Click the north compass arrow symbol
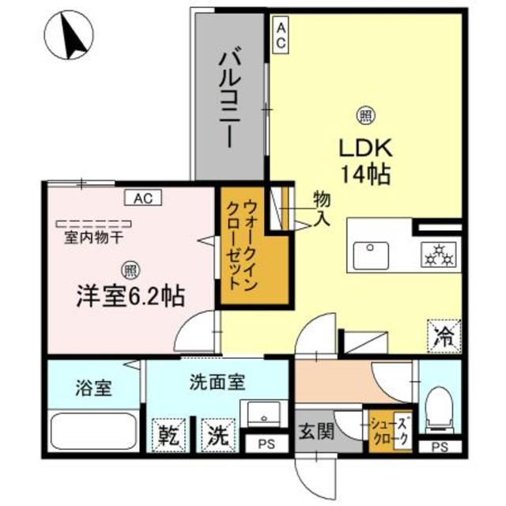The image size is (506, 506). [70, 38]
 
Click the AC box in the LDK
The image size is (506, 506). [281, 36]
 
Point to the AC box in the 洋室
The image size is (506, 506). [143, 198]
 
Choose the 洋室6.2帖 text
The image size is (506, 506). [130, 296]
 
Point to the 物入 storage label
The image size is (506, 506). [322, 206]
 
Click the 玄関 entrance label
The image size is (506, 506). [313, 432]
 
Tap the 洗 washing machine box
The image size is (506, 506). [215, 434]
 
